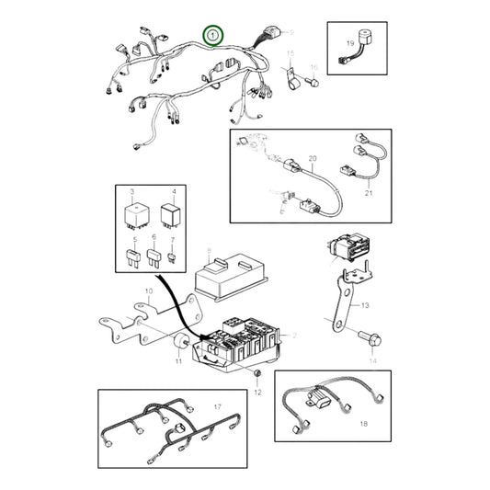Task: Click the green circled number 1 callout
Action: tap(213, 36)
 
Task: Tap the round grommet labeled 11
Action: tap(175, 344)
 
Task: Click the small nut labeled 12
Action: tap(259, 377)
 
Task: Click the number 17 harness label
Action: tap(217, 405)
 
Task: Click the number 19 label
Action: tap(349, 43)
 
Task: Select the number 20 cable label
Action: tap(312, 159)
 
